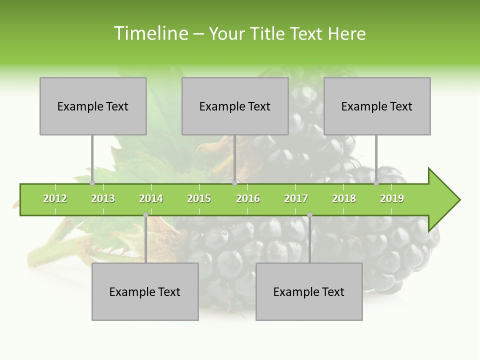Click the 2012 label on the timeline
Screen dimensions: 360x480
(x=55, y=198)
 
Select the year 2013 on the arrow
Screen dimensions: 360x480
(x=103, y=198)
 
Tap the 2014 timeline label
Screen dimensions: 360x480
(x=151, y=198)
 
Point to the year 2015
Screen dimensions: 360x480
(x=199, y=198)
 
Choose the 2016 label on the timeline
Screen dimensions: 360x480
(x=248, y=198)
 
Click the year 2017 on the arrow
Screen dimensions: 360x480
(x=296, y=198)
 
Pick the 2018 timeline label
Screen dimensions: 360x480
(x=344, y=198)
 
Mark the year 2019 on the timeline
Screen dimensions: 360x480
(x=392, y=198)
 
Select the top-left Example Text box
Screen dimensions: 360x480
(x=93, y=106)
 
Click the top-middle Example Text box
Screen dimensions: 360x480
(x=235, y=106)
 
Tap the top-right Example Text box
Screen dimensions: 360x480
(x=377, y=106)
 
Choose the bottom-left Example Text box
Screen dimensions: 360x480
(x=145, y=292)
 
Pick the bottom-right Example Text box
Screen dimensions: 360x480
(x=309, y=292)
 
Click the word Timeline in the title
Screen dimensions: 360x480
(x=150, y=33)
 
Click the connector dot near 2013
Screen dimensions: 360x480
(x=92, y=183)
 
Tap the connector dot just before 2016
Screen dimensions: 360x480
(x=235, y=183)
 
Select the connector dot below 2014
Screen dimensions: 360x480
(x=145, y=215)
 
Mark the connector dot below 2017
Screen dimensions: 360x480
(x=309, y=215)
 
